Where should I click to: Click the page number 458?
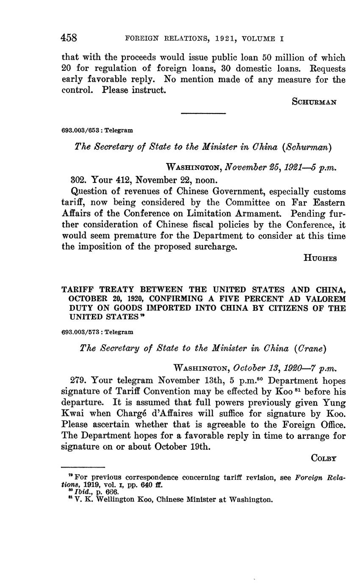[x=69, y=38]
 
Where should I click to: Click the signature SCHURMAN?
[x=314, y=102]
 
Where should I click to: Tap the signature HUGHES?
[x=320, y=258]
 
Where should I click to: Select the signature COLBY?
[x=324, y=458]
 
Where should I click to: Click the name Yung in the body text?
[x=334, y=403]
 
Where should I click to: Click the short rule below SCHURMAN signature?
[x=203, y=113]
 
